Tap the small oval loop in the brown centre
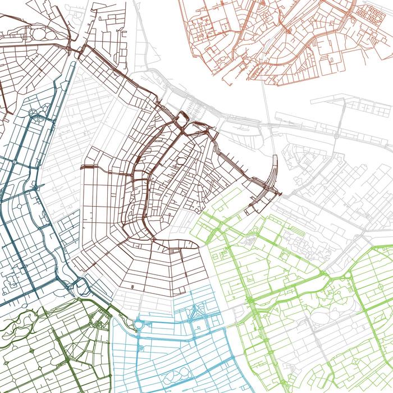click(x=181, y=162)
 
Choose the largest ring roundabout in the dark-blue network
click(x=35, y=115)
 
